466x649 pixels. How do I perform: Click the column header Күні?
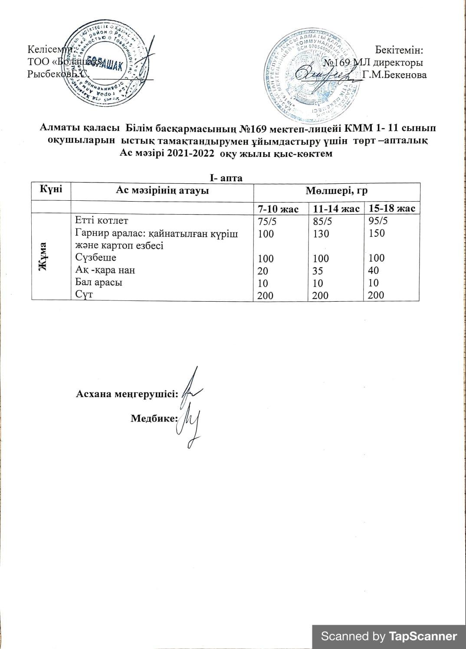pos(51,189)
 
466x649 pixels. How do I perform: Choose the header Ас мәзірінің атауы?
pos(162,190)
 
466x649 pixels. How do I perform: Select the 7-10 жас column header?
pos(280,209)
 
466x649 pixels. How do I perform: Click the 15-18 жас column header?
pos(392,209)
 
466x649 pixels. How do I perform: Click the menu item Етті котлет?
pos(102,220)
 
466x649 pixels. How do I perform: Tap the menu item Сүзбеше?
pos(95,258)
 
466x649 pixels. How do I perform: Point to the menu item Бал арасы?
pos(98,282)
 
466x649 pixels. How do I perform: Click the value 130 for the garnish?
pos(321,234)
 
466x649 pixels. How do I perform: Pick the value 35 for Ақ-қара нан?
pos(318,271)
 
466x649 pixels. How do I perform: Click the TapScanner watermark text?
pos(389,636)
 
